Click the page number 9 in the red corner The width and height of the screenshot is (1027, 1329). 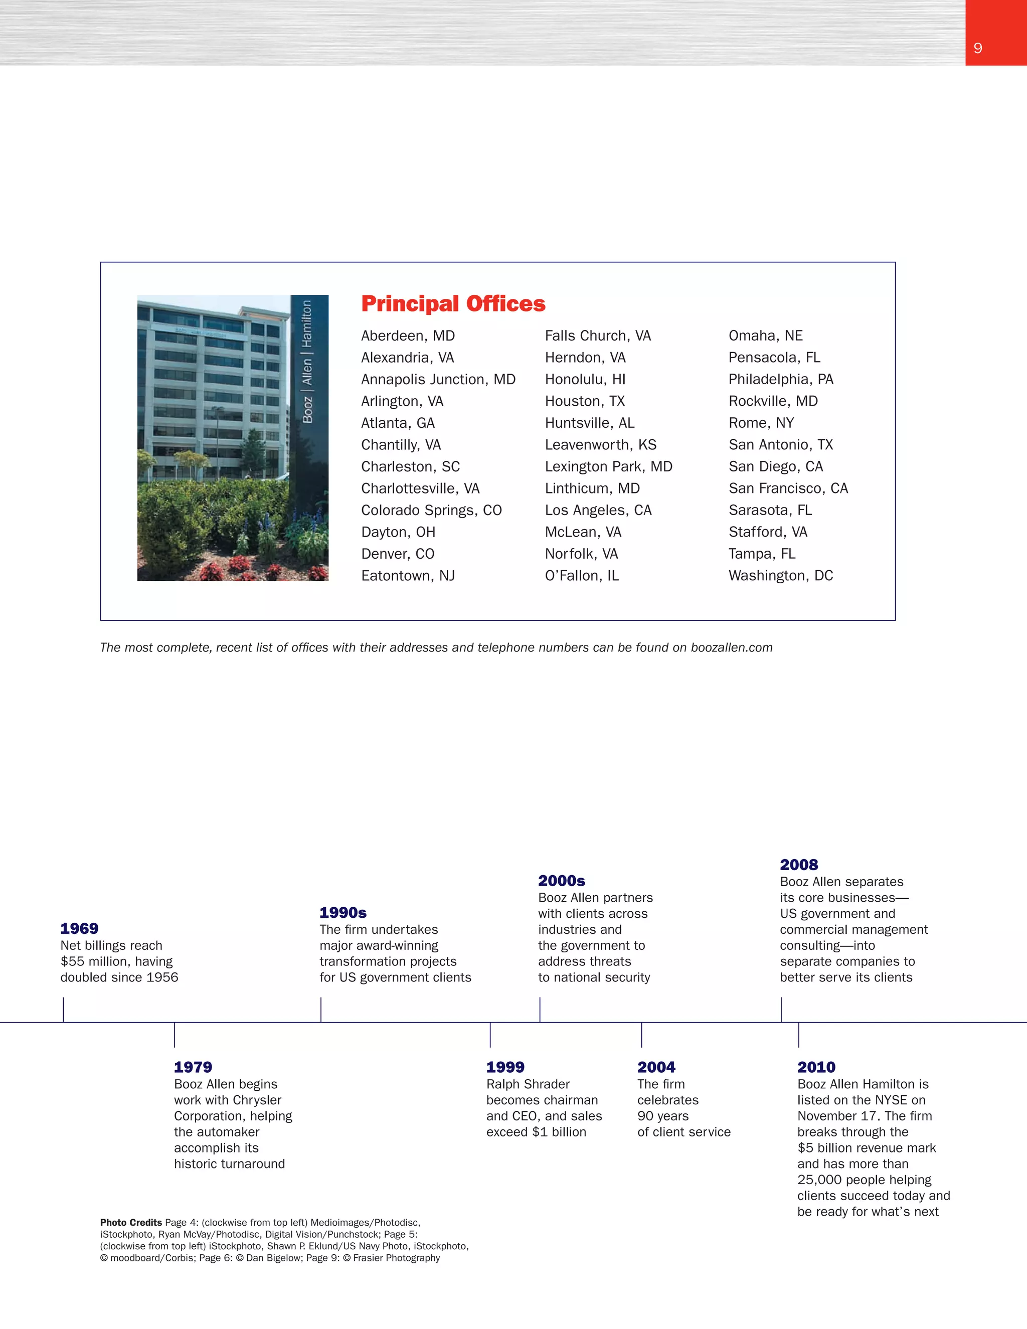978,48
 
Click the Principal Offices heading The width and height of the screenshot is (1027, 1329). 453,303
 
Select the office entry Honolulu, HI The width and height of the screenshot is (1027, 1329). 585,379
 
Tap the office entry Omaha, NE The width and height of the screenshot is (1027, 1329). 765,336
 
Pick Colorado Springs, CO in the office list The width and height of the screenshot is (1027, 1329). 431,510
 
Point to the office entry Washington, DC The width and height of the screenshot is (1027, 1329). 781,576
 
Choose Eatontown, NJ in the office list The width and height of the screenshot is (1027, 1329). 408,576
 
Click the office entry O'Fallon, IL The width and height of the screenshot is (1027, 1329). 582,576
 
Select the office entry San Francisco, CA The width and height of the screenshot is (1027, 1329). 788,488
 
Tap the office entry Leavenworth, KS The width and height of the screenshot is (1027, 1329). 600,445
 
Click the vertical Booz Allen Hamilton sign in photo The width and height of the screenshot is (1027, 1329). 308,362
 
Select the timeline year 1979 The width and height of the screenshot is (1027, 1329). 193,1067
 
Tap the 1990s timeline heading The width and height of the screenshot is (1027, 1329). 343,912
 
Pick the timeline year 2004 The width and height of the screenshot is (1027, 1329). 656,1067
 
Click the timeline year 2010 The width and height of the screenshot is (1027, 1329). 816,1067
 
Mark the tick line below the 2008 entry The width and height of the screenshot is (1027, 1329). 781,1010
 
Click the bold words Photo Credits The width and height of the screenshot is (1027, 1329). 131,1223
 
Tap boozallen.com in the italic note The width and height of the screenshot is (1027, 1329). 731,647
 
